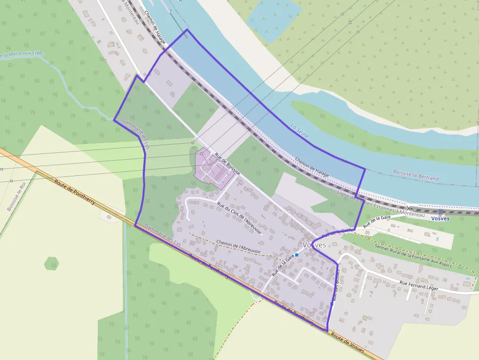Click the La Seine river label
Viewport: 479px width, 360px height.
pyautogui.click(x=300, y=131)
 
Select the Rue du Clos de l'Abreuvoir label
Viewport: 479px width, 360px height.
pyautogui.click(x=239, y=218)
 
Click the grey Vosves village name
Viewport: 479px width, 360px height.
pyautogui.click(x=314, y=245)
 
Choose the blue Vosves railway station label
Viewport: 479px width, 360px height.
pyautogui.click(x=440, y=218)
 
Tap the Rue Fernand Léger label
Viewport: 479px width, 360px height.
pyautogui.click(x=419, y=285)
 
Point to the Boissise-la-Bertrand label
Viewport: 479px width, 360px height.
pyautogui.click(x=415, y=175)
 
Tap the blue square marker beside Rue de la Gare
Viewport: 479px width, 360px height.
pyautogui.click(x=297, y=255)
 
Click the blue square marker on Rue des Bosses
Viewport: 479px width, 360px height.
pyautogui.click(x=332, y=303)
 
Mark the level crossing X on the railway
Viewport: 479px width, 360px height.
pyautogui.click(x=409, y=208)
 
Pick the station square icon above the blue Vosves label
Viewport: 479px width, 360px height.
pyautogui.click(x=440, y=212)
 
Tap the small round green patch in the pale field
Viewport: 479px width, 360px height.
pyautogui.click(x=51, y=264)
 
